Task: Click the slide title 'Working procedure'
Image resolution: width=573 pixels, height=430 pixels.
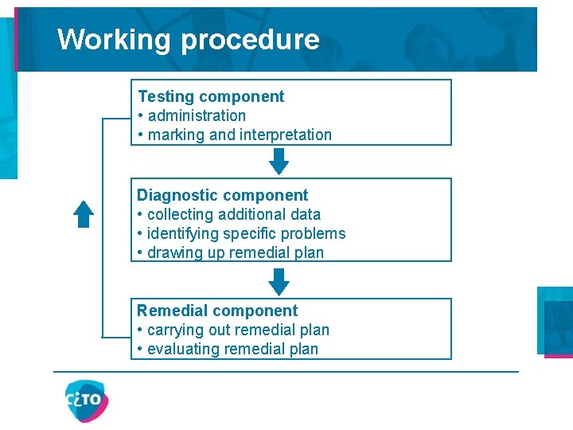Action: [x=189, y=39]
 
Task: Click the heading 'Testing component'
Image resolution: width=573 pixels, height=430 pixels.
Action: [x=211, y=96]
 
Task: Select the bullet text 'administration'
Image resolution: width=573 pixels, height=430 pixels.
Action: [x=197, y=115]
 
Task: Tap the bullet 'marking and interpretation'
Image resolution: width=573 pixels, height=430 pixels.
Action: [x=240, y=135]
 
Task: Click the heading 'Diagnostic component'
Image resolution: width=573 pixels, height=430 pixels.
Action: [x=222, y=195]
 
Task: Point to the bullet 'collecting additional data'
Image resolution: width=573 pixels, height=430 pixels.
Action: [x=234, y=214]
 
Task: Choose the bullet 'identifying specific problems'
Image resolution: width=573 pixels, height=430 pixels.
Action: [x=247, y=233]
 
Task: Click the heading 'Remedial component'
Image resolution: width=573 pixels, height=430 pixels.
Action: [x=217, y=311]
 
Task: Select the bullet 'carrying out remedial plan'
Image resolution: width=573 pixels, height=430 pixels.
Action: [x=238, y=330]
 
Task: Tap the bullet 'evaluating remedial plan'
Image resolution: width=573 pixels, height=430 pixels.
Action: [x=232, y=349]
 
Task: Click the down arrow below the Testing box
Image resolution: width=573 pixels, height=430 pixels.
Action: [x=279, y=161]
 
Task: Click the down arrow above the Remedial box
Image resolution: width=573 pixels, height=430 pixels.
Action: [x=279, y=280]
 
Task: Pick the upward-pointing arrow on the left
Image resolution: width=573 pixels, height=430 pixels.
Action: [x=84, y=213]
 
